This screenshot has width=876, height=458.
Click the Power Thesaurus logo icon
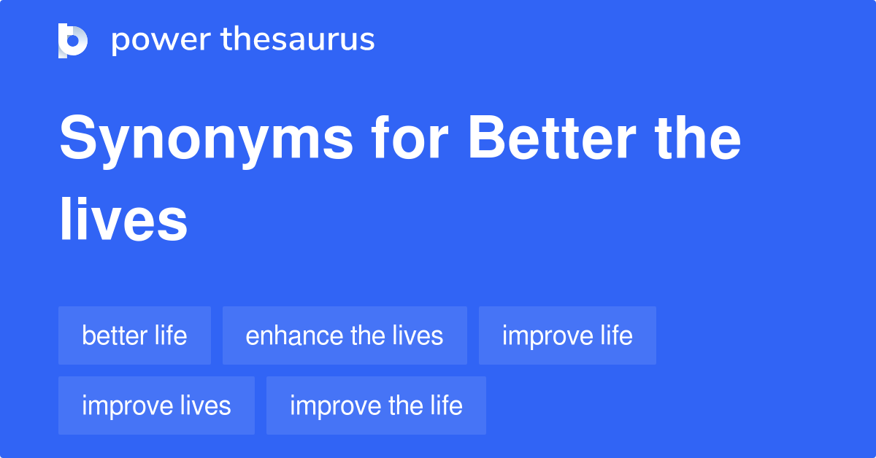pyautogui.click(x=73, y=40)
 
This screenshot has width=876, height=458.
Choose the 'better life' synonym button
pyautogui.click(x=134, y=335)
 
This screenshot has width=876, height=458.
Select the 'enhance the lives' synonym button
pyautogui.click(x=345, y=335)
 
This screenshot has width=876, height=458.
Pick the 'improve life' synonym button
pyautogui.click(x=567, y=335)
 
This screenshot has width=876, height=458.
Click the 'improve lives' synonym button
pyautogui.click(x=156, y=405)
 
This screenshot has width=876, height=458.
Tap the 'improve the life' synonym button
pyautogui.click(x=376, y=405)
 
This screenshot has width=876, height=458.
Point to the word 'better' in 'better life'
pyautogui.click(x=115, y=335)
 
